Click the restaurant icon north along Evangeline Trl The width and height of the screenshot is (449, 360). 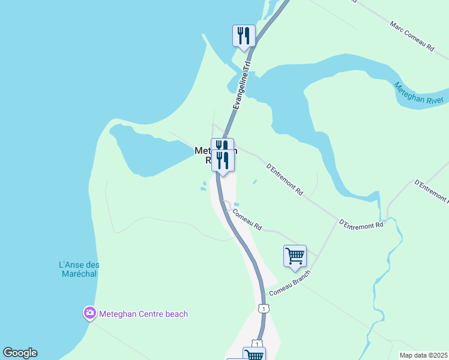(x=244, y=35)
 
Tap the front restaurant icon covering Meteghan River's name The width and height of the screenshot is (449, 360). (x=223, y=161)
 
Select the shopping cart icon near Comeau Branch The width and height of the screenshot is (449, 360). (x=295, y=256)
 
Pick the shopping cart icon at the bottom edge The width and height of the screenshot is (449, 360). (x=254, y=355)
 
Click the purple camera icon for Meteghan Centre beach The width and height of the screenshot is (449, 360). (x=89, y=313)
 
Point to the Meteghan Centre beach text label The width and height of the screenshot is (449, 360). (x=143, y=314)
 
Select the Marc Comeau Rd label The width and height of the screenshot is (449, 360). (x=412, y=36)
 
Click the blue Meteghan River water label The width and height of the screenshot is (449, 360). (x=419, y=94)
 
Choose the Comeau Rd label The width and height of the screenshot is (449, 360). (x=247, y=219)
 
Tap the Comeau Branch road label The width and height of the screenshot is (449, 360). (x=289, y=283)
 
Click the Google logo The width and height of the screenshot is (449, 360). (x=20, y=353)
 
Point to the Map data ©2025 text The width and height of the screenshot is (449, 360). (x=423, y=355)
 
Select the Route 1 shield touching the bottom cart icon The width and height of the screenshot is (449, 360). (x=256, y=344)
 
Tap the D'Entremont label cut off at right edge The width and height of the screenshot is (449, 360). (x=433, y=194)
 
